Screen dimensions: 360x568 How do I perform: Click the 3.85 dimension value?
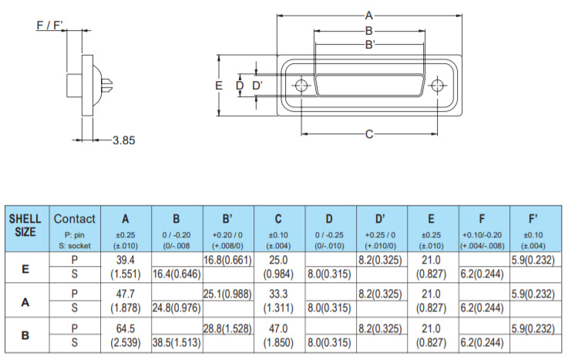123,140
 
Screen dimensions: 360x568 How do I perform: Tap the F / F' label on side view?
51,25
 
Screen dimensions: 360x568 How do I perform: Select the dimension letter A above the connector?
368,15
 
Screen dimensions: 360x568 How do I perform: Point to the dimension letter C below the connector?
368,134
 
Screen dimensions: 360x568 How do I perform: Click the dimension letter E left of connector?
219,85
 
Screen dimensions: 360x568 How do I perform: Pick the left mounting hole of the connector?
301,86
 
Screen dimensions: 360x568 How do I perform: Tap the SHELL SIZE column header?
25,225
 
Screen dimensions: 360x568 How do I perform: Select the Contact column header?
75,219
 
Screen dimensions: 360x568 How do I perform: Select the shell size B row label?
25,335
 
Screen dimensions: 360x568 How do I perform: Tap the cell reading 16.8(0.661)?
227,260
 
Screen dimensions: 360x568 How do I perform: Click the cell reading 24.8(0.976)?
176,308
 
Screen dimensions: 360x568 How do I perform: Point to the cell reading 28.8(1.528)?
227,328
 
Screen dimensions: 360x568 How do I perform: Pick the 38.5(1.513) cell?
176,341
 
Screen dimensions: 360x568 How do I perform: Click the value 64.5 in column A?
126,328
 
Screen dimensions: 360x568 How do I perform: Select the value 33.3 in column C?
278,294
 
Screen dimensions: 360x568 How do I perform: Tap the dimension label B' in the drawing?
369,44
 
